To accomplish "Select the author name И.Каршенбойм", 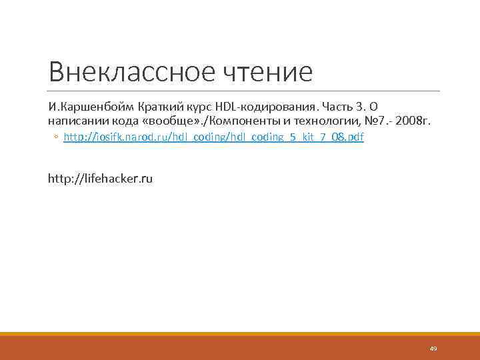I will [x=89, y=107].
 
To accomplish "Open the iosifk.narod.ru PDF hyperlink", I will [x=213, y=137].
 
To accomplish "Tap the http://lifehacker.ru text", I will [x=100, y=179].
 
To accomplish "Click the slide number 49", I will [x=433, y=349].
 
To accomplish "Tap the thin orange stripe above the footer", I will [x=240, y=334].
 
